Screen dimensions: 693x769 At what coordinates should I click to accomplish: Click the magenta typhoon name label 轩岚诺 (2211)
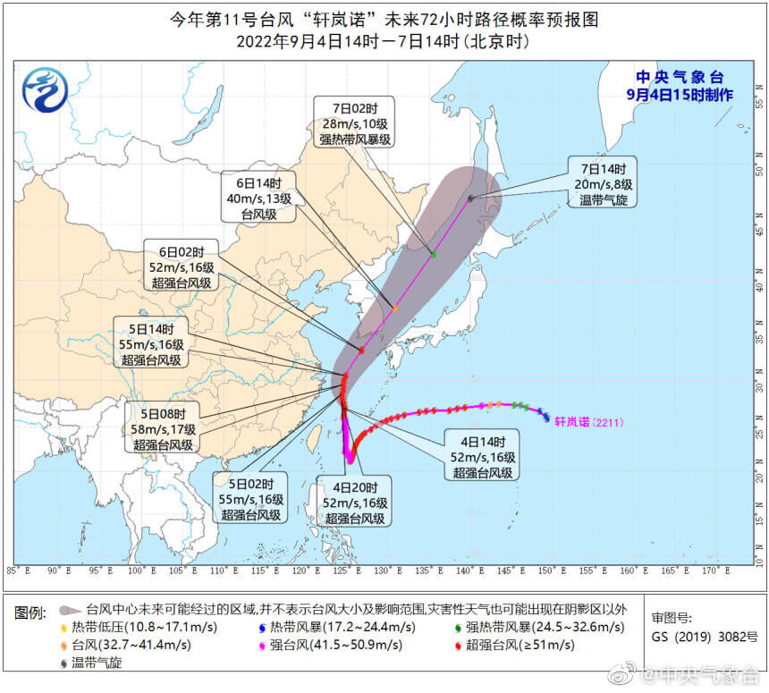[582, 419]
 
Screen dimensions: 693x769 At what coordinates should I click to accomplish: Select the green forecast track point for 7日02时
[433, 255]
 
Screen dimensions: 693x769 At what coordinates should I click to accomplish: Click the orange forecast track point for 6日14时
[394, 308]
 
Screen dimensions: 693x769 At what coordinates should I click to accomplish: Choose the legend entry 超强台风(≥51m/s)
[514, 645]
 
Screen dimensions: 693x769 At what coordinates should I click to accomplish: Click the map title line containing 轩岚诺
[384, 18]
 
